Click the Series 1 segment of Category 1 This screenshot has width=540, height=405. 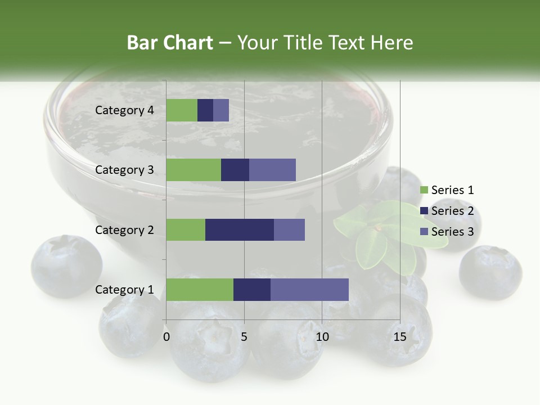(x=200, y=289)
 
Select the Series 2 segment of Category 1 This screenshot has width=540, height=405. (x=252, y=289)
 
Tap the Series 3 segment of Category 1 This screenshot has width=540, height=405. (x=309, y=289)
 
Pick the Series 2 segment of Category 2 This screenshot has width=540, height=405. (x=240, y=229)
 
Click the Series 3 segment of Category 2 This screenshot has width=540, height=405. (x=289, y=229)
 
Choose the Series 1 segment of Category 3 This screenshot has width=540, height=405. (x=193, y=170)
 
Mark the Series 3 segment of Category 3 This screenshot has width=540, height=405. (x=272, y=170)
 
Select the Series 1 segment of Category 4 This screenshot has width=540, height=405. (x=182, y=110)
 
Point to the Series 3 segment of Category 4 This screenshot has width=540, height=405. (x=221, y=110)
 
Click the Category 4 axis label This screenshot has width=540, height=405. (x=124, y=110)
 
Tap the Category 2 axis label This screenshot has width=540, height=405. (x=124, y=229)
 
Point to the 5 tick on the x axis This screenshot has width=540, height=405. (x=244, y=337)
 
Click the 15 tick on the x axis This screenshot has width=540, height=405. (x=400, y=337)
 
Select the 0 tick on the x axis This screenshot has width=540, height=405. (x=166, y=337)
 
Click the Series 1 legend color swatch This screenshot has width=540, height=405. (x=424, y=190)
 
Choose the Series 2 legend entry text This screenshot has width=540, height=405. (x=453, y=211)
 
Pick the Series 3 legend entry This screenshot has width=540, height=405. (x=447, y=232)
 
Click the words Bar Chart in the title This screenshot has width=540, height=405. (x=170, y=43)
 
